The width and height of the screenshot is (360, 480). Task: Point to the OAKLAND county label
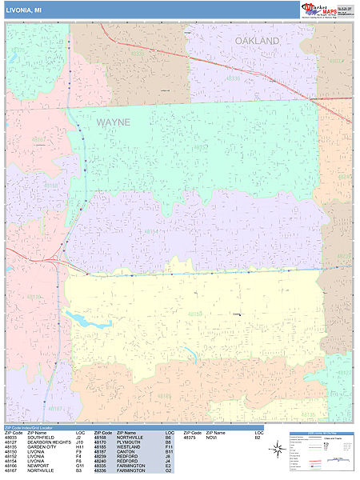257,40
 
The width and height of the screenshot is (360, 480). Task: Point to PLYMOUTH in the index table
129,442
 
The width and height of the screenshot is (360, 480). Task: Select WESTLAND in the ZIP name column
129,447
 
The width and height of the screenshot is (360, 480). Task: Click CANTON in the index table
126,452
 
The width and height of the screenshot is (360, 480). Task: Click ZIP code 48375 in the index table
189,438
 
